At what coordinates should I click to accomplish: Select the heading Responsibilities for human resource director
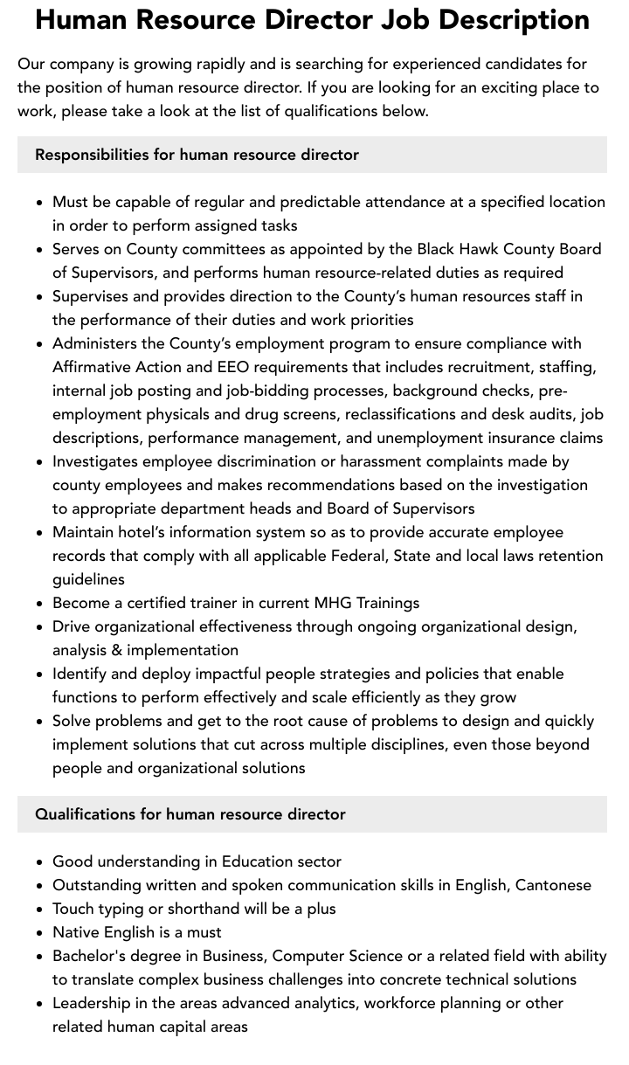pos(197,155)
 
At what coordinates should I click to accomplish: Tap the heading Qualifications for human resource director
pos(190,814)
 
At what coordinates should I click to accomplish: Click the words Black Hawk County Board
pos(508,249)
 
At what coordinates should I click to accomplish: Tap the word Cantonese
pos(553,885)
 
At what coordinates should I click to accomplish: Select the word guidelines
pos(88,579)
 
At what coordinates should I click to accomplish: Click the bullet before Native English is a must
pos(40,933)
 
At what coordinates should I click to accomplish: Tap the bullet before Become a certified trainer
pos(40,604)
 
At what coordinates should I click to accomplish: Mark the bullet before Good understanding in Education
pos(40,862)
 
